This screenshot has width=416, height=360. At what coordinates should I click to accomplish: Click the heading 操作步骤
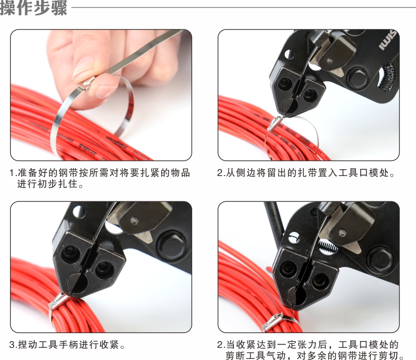coord(33,8)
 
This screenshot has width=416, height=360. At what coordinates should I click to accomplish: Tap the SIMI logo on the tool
coord(387,41)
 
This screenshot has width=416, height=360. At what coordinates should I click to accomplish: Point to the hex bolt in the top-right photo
coord(357,77)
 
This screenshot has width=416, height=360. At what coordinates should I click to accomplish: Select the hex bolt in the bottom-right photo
coord(379,259)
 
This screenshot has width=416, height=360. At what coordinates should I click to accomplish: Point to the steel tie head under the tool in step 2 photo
coord(275,123)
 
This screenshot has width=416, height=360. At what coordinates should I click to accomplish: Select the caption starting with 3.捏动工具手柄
coord(67,345)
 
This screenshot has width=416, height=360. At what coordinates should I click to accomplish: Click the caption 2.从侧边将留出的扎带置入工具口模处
coord(306,173)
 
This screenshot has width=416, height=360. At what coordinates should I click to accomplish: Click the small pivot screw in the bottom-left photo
coord(134,220)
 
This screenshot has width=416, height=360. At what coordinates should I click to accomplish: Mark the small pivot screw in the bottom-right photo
coord(342,233)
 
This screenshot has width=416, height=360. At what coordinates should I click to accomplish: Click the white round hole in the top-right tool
coord(289,54)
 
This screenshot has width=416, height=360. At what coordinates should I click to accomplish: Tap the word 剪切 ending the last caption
coord(393,355)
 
